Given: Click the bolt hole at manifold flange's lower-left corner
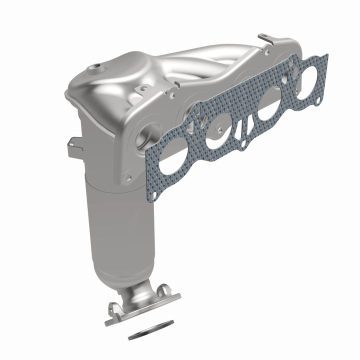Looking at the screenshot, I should (128, 176).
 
